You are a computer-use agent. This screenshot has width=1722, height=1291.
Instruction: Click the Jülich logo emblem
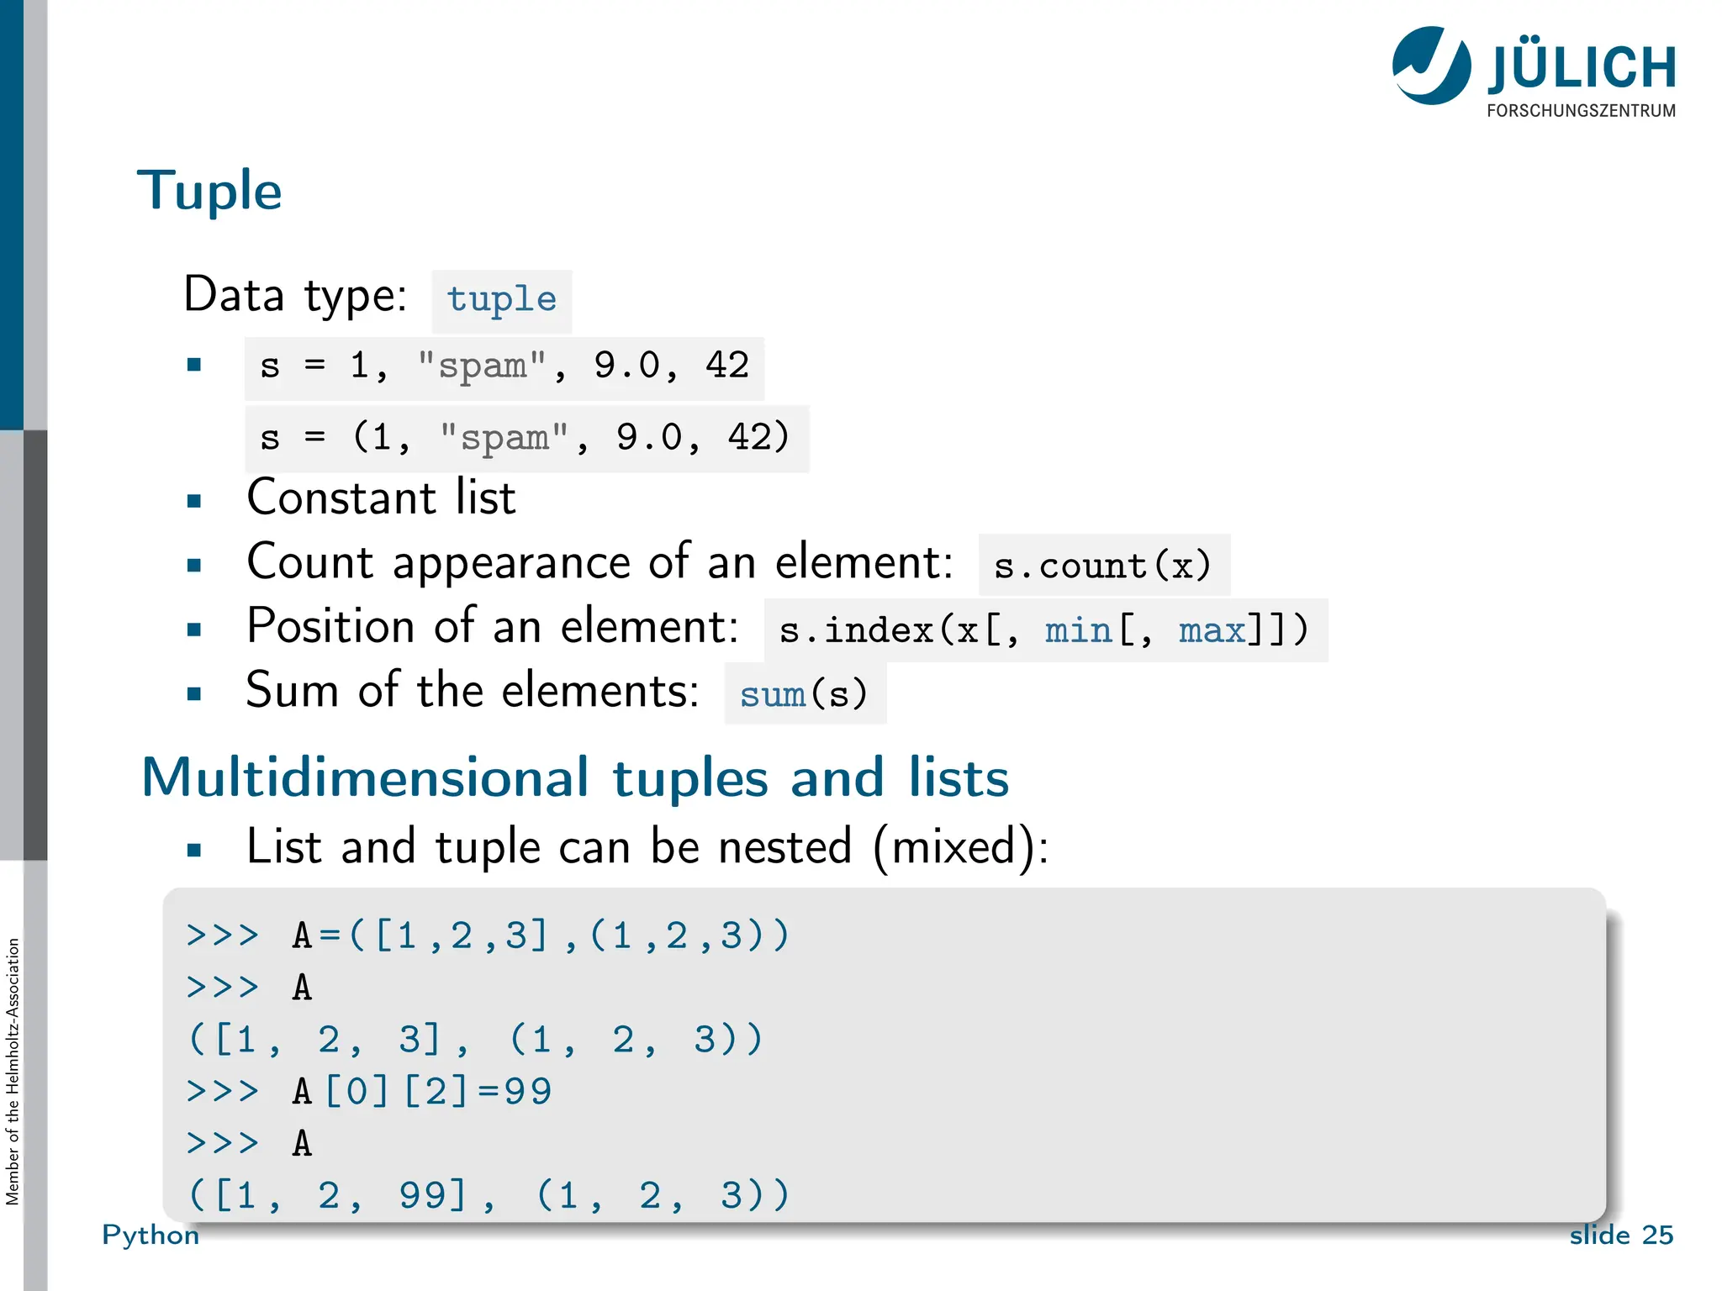coord(1431,66)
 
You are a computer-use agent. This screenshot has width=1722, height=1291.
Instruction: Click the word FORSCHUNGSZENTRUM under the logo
coord(1581,111)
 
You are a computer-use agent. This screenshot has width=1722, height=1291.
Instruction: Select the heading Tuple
coord(209,190)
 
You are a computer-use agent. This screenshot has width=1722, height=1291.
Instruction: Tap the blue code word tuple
coord(501,300)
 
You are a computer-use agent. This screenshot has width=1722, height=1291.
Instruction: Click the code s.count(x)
coord(1102,566)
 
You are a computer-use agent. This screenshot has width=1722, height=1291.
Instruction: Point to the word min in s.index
coord(1078,630)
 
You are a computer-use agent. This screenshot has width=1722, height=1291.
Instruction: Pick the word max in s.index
coord(1212,630)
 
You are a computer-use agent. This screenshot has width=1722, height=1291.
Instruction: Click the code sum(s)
coord(804,694)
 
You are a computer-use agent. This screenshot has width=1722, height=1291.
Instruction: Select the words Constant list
coord(381,498)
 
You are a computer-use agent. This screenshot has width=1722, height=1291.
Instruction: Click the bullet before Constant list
coord(194,502)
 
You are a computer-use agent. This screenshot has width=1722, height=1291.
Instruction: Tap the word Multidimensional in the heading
coord(366,777)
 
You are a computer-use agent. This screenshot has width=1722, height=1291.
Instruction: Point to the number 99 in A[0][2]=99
coord(527,1092)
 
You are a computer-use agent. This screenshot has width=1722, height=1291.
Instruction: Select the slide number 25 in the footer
coord(1657,1235)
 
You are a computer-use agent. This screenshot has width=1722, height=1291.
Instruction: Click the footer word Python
coord(151,1235)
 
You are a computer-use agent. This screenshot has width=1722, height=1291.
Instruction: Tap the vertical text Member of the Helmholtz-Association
coord(13,1072)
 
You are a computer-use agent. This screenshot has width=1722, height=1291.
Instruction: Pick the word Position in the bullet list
coord(330,626)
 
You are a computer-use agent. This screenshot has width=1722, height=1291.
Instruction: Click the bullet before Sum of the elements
coord(194,694)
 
